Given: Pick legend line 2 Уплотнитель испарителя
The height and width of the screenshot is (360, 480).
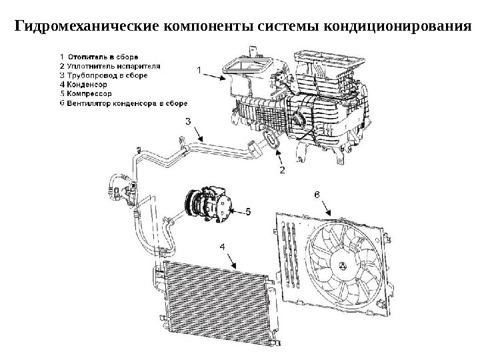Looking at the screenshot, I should [110, 66].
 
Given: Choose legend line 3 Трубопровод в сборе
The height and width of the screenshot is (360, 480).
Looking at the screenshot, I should [103, 75].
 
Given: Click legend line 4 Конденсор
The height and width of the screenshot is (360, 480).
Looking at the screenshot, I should [83, 85].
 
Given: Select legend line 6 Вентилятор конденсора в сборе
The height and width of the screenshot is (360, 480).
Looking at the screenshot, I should [124, 103].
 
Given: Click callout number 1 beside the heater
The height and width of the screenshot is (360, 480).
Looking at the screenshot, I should [198, 69].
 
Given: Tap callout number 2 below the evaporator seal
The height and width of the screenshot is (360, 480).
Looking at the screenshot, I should [282, 171].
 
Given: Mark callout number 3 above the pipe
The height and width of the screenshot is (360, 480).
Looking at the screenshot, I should [188, 121].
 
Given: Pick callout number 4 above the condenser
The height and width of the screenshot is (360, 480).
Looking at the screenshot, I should [222, 246].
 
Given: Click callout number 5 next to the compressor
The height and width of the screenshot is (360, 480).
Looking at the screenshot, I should [247, 212].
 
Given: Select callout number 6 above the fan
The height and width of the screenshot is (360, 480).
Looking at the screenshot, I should [317, 194].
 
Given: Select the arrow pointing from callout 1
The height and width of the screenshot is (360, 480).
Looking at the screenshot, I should [217, 76].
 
